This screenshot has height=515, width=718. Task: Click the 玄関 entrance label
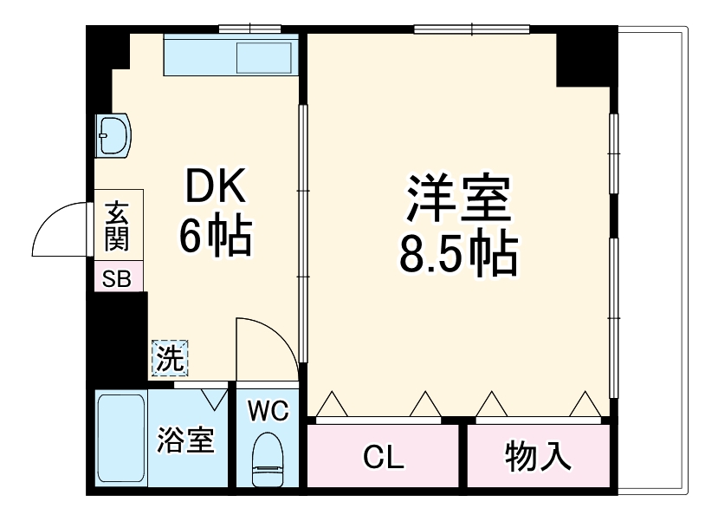118,225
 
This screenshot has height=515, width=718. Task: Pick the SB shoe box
118,278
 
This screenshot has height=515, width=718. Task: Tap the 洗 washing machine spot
169,358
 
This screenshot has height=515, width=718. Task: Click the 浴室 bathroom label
184,440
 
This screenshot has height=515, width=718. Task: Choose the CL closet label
383,457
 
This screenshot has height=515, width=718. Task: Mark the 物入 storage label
538,457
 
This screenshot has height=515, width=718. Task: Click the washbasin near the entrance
113,135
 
